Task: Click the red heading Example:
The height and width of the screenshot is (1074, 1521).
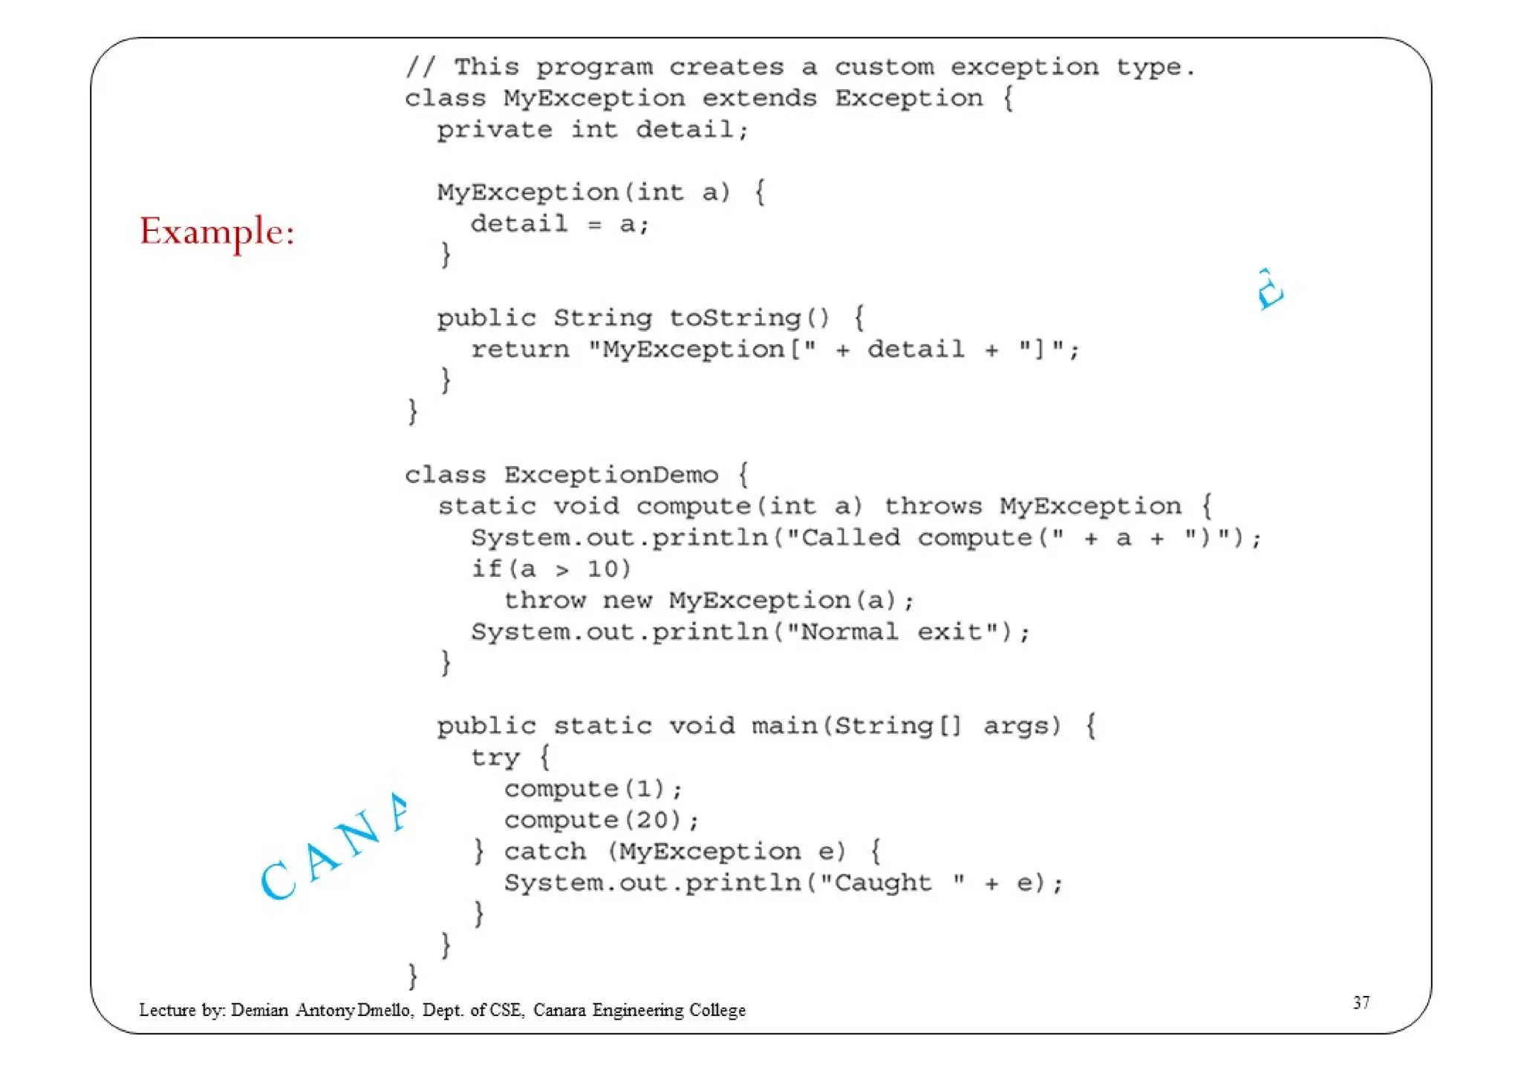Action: pos(217,232)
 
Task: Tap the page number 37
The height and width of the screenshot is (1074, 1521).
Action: pos(1361,1003)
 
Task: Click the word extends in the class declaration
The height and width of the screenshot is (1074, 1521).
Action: pos(759,99)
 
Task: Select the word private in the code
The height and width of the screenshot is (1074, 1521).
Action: pos(495,131)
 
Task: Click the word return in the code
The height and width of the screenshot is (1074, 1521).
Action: pos(520,350)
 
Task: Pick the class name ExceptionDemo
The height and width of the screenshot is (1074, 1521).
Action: pos(611,475)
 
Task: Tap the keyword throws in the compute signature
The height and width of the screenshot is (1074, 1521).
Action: pos(933,506)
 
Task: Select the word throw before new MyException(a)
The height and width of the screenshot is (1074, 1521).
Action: pos(545,600)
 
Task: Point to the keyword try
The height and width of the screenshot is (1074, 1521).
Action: pos(495,758)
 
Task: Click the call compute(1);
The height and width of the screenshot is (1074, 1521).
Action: pos(593,789)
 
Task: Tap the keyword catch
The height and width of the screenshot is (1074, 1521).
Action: pos(545,851)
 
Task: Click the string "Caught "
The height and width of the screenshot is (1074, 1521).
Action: pos(899,883)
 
